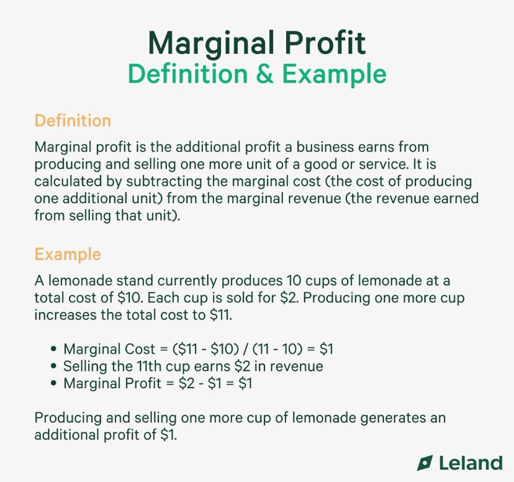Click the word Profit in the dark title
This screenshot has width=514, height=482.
coord(325,43)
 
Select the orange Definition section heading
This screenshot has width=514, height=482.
coord(73,120)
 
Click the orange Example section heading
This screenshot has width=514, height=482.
coord(68,254)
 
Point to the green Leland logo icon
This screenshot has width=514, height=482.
coord(425,463)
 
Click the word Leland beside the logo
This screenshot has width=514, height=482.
coord(471,463)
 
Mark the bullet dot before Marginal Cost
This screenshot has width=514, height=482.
coord(55,350)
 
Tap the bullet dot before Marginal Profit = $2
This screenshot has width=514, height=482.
coord(55,383)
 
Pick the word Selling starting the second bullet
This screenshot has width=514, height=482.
coord(85,366)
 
